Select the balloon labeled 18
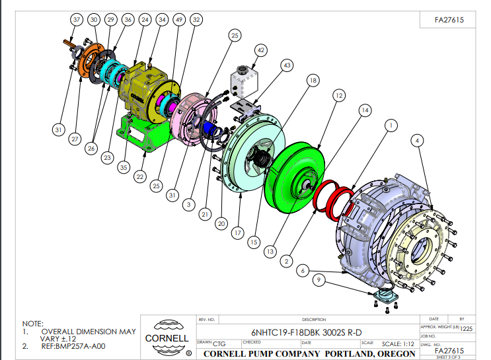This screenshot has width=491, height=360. pyautogui.click(x=313, y=80)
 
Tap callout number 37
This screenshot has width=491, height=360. pyautogui.click(x=77, y=20)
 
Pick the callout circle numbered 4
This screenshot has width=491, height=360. pyautogui.click(x=417, y=140)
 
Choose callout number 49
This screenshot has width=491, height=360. pyautogui.click(x=178, y=20)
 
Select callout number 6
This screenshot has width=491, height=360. pyautogui.click(x=303, y=270)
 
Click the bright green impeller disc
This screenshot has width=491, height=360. pyautogui.click(x=296, y=177)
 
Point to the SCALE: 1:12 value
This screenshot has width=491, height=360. pyautogui.click(x=398, y=343)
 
